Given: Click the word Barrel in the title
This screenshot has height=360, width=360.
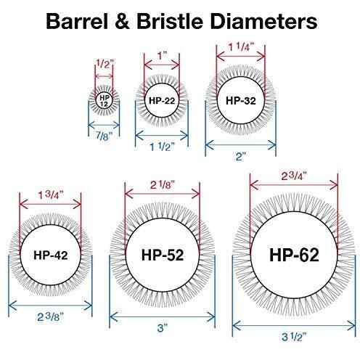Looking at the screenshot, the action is [77, 21].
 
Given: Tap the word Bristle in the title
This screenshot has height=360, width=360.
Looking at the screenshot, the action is [170, 21].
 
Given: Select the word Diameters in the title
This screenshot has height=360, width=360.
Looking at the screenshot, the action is [263, 21].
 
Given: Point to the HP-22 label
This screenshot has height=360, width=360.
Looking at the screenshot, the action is [162, 100].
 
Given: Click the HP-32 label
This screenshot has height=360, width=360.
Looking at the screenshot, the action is [241, 100].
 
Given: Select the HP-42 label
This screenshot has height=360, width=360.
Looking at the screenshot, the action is [51, 255].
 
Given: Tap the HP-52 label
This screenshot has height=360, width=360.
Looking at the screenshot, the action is [163, 255].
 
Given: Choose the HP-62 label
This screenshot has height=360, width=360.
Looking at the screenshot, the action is [294, 255].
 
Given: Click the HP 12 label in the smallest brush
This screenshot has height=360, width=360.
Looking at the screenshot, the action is [105, 101].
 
